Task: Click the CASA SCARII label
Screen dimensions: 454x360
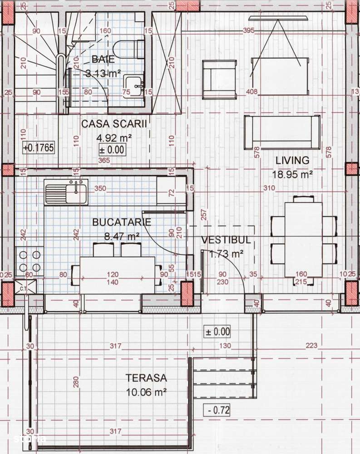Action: [x=114, y=123]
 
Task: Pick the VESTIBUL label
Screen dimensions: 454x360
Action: [x=226, y=240]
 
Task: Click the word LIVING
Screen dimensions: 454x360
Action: [x=292, y=160]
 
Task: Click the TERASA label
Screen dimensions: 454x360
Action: [x=146, y=377]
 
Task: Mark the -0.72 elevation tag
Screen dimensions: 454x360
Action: [x=217, y=410]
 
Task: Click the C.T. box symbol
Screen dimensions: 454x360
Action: [x=21, y=288]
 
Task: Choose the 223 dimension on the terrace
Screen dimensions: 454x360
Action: [x=311, y=346]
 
